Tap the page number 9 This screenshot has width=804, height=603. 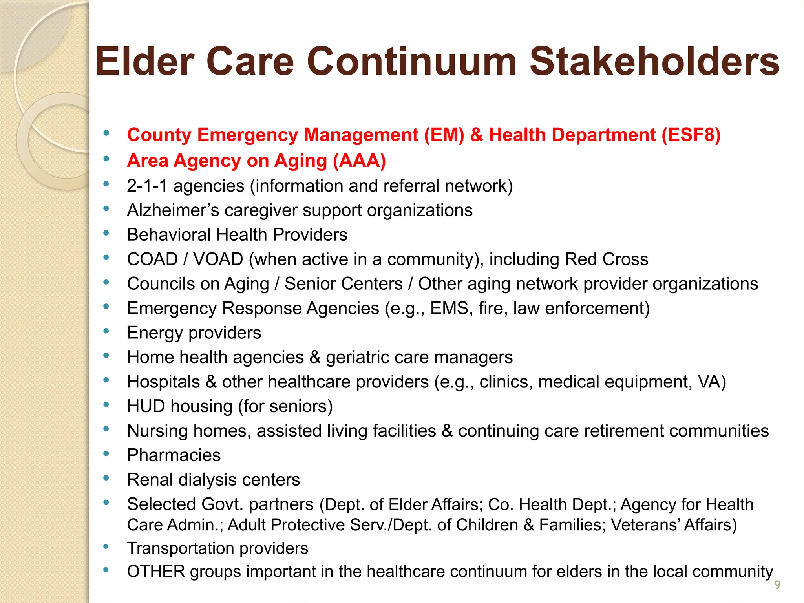[x=777, y=585]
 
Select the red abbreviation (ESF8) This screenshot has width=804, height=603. [x=691, y=135]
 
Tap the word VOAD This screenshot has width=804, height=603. [x=218, y=259]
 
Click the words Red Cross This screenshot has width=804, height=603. [x=606, y=259]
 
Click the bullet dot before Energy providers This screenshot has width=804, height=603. [x=106, y=331]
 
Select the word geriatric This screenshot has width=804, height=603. [x=357, y=358]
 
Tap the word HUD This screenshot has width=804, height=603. [x=146, y=406]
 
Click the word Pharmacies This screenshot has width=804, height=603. [x=174, y=455]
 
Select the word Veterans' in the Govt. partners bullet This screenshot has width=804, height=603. [x=644, y=525]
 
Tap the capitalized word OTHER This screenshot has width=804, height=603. [x=156, y=572]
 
